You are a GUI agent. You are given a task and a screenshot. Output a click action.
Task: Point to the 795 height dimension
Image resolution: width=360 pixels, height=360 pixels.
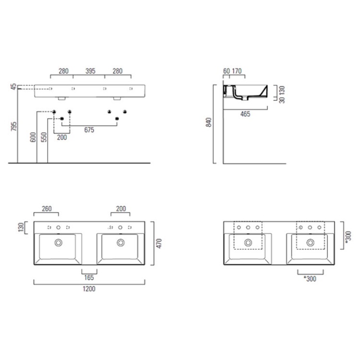(14, 127)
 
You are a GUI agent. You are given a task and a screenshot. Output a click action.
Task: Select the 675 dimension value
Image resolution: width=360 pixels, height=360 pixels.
(89, 131)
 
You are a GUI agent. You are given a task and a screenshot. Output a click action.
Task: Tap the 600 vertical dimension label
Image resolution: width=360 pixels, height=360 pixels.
(33, 137)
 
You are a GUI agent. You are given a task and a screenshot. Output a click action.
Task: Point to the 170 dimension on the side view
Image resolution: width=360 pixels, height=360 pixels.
(237, 71)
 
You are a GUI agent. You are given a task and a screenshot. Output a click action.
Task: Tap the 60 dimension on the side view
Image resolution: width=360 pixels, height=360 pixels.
(226, 71)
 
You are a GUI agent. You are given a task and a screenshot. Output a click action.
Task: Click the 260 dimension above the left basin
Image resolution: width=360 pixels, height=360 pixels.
(46, 209)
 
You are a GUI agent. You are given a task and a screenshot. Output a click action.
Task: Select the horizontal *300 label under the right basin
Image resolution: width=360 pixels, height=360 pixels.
(310, 279)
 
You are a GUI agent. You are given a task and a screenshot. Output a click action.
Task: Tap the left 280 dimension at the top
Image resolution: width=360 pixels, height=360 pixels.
(64, 71)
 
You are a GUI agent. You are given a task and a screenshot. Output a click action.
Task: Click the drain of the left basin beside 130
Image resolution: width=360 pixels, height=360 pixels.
(58, 242)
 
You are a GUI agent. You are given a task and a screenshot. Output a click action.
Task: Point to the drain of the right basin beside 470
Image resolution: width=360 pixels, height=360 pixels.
(121, 242)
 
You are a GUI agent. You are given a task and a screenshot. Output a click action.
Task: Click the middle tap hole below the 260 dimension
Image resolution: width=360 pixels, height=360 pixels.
(58, 227)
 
